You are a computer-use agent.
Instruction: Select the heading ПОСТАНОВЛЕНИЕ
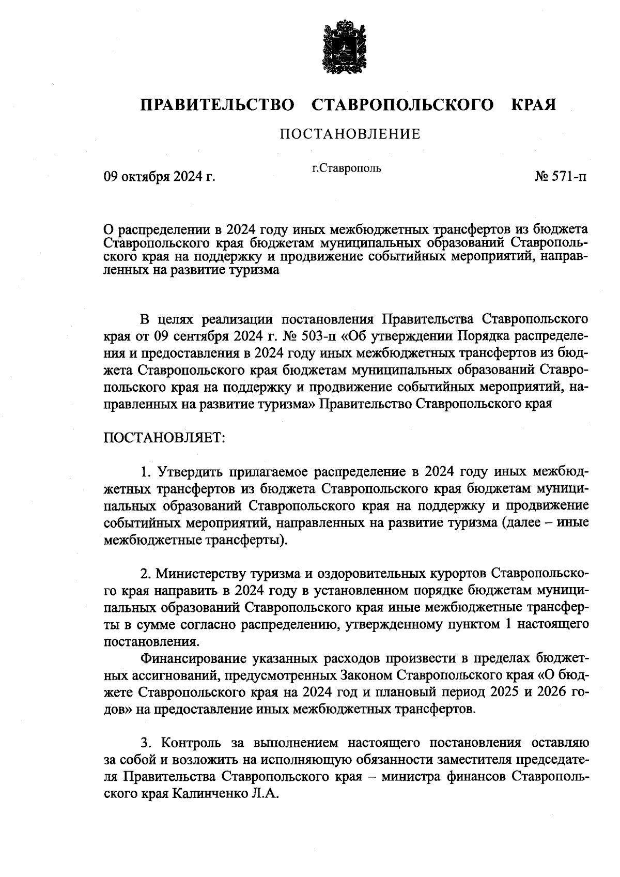pyautogui.click(x=350, y=135)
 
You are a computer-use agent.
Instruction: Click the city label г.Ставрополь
pyautogui.click(x=346, y=167)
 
